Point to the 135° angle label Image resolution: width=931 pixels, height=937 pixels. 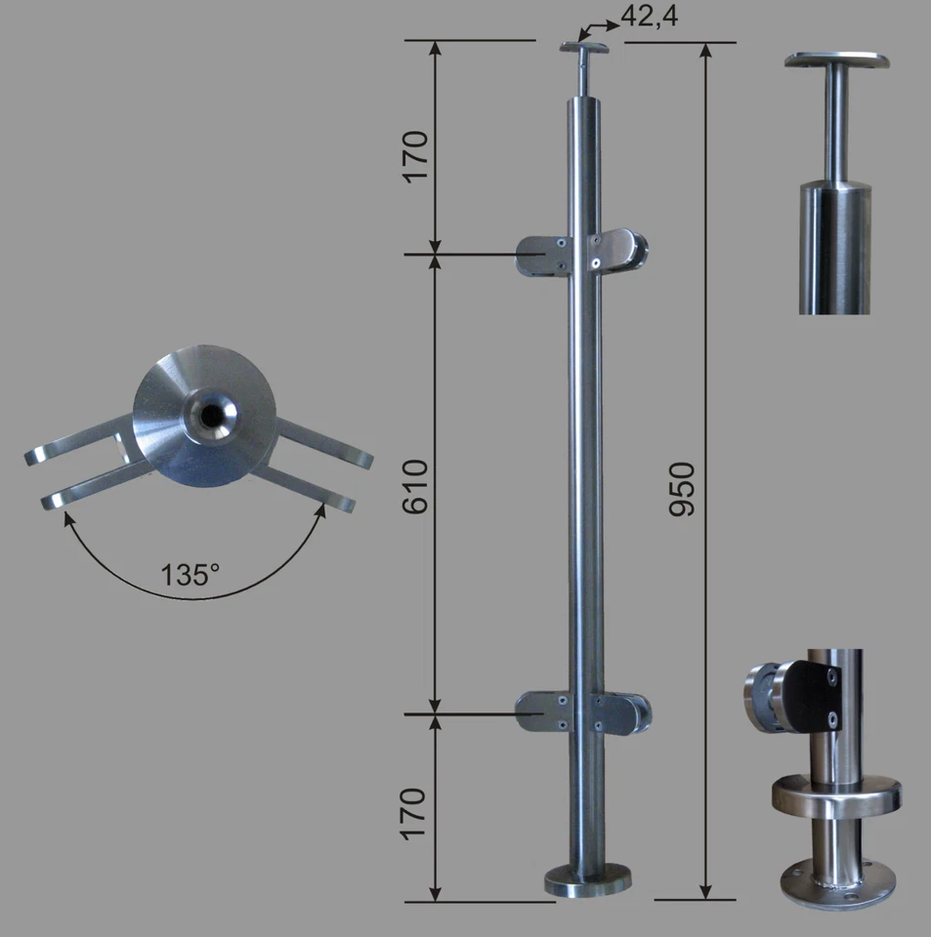click(x=190, y=574)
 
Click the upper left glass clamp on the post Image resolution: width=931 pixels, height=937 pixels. click(x=543, y=255)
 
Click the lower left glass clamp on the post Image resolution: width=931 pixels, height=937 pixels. click(x=543, y=712)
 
